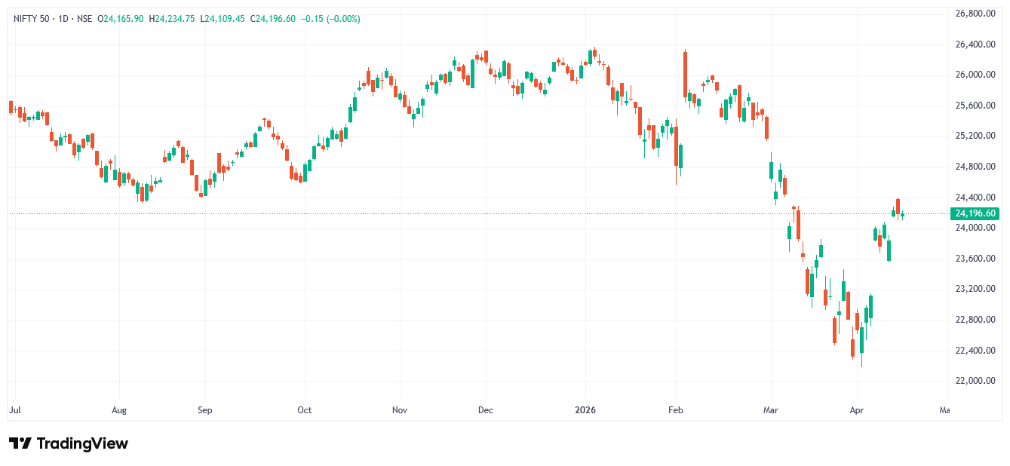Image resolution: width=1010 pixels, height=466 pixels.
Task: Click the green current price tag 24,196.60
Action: (x=976, y=213)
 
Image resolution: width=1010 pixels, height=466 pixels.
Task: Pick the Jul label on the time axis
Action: (x=15, y=410)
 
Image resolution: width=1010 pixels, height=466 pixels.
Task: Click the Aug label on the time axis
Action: (x=118, y=410)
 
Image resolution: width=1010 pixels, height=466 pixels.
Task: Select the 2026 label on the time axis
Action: (x=585, y=410)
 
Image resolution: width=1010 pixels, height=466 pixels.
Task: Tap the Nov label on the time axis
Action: (x=400, y=410)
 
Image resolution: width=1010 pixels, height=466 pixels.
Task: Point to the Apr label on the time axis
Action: (x=856, y=410)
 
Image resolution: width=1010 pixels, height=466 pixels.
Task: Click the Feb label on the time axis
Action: (x=676, y=410)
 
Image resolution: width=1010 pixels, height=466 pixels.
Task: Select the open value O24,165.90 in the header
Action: (x=121, y=19)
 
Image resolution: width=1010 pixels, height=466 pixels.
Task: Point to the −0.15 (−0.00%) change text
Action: (x=330, y=19)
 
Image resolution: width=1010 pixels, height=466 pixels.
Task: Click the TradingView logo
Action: (x=69, y=443)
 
